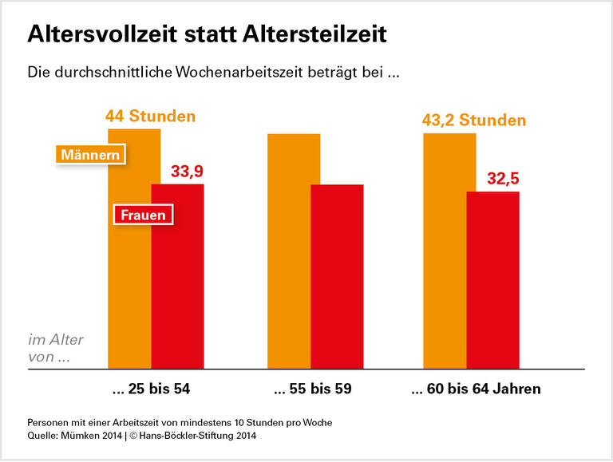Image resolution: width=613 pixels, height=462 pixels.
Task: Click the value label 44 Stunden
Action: click(x=150, y=116)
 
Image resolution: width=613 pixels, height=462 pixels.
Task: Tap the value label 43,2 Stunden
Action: click(x=474, y=120)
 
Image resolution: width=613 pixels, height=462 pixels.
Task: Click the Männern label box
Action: click(x=92, y=154)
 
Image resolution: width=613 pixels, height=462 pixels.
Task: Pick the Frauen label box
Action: click(x=144, y=215)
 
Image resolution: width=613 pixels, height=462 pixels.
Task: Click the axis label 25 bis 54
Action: click(x=152, y=390)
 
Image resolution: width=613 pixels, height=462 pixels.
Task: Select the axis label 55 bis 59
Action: click(x=312, y=390)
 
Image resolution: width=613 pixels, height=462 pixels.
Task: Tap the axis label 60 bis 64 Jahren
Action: click(x=476, y=390)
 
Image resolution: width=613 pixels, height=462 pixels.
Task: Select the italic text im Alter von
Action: click(x=55, y=348)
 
